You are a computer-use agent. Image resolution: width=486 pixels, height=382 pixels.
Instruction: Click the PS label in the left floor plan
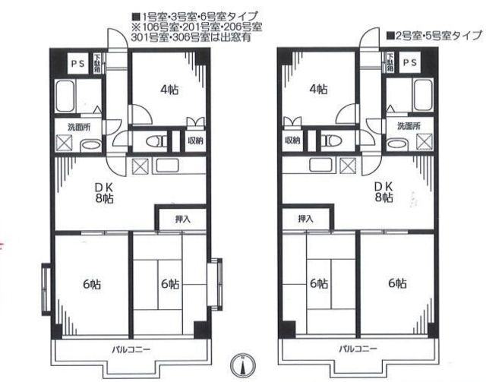[77, 63]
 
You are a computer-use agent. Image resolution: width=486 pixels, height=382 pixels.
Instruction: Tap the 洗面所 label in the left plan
[78, 126]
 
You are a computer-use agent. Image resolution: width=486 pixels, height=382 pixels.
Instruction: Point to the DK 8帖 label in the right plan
[383, 191]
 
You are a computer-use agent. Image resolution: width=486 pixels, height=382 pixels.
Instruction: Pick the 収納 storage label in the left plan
[194, 141]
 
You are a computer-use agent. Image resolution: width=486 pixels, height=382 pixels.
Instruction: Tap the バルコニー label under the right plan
[358, 349]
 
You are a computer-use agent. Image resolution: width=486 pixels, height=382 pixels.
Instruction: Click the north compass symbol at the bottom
[243, 365]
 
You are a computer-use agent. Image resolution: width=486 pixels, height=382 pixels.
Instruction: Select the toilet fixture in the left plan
[153, 140]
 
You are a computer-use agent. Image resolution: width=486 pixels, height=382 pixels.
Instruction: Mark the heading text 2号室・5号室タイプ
[434, 35]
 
